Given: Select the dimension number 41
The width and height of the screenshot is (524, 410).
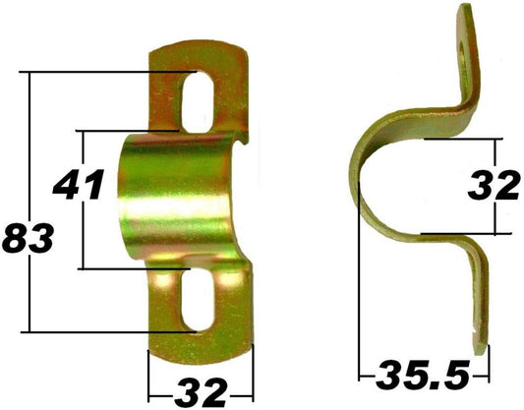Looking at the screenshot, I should tap(78, 183).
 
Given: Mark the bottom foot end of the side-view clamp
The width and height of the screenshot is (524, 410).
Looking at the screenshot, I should tap(481, 344).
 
